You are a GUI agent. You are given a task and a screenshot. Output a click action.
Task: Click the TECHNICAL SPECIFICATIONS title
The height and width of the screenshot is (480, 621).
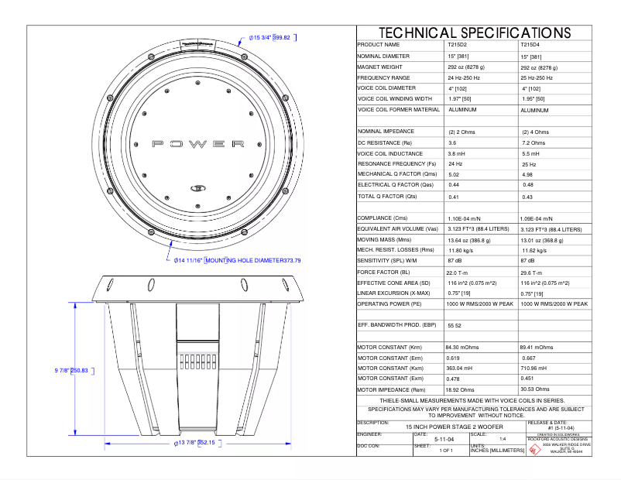pos(474,33)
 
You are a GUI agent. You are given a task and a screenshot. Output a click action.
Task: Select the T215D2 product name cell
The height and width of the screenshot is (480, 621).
pos(458,46)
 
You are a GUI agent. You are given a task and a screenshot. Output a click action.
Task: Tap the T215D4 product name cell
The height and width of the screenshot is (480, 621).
pos(531,46)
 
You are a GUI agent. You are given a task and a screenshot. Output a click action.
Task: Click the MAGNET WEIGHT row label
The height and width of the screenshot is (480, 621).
pos(380,67)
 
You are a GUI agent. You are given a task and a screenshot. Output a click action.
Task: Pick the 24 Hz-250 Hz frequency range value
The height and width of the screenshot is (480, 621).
pos(464,78)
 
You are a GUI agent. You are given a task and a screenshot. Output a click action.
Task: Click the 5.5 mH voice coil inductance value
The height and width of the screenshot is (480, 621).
pos(533,154)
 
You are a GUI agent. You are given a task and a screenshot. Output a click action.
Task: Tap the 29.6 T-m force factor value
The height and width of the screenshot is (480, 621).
pos(534,273)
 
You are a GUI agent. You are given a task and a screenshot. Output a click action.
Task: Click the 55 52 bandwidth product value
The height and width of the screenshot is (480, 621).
pos(455,326)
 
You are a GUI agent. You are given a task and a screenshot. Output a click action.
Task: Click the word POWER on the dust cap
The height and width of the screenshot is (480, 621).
pos(198,144)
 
